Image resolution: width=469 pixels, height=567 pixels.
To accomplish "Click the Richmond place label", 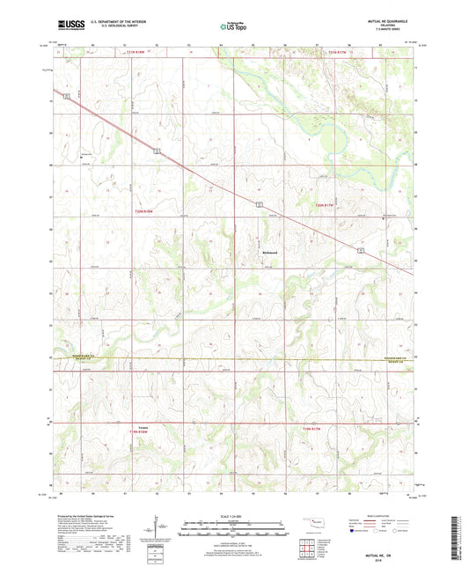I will [x=270, y=254].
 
